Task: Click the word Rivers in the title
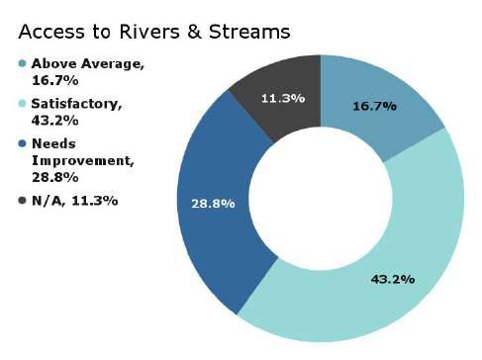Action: tap(149, 32)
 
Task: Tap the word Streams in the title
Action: tap(249, 32)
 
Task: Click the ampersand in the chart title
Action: tap(194, 32)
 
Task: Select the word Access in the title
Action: tap(51, 32)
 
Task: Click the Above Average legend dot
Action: tap(23, 63)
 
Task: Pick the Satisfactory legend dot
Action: tap(23, 104)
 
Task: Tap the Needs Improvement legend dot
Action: tap(23, 143)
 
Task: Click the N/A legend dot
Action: tap(23, 200)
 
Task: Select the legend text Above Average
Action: tap(87, 63)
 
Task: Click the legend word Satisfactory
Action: tap(75, 104)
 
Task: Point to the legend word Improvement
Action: tap(82, 161)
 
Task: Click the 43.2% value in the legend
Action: tap(55, 121)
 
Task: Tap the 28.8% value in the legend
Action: tap(55, 178)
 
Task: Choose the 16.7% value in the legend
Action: tap(55, 80)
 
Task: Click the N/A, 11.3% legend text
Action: tap(74, 201)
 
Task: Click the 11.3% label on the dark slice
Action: tap(283, 98)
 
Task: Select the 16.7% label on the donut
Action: tap(374, 106)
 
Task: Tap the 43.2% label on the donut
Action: tap(393, 280)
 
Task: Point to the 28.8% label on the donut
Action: tap(213, 204)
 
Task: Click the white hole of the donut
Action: tap(321, 199)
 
